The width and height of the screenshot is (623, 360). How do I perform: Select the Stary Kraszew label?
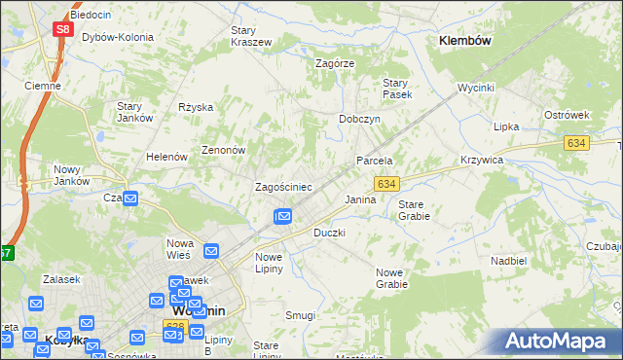pyautogui.click(x=250, y=36)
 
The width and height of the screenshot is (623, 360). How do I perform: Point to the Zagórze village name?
pyautogui.click(x=335, y=62)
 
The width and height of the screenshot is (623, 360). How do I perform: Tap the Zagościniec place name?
pyautogui.click(x=282, y=186)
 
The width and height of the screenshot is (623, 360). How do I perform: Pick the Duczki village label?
pyautogui.click(x=329, y=234)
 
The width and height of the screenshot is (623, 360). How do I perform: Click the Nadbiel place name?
pyautogui.click(x=509, y=261)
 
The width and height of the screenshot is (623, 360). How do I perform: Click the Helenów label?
pyautogui.click(x=165, y=157)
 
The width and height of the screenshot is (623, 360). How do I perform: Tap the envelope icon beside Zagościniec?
pyautogui.click(x=283, y=216)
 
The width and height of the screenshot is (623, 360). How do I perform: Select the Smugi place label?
pyautogui.click(x=300, y=315)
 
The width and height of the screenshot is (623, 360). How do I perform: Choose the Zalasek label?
pyautogui.click(x=60, y=279)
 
